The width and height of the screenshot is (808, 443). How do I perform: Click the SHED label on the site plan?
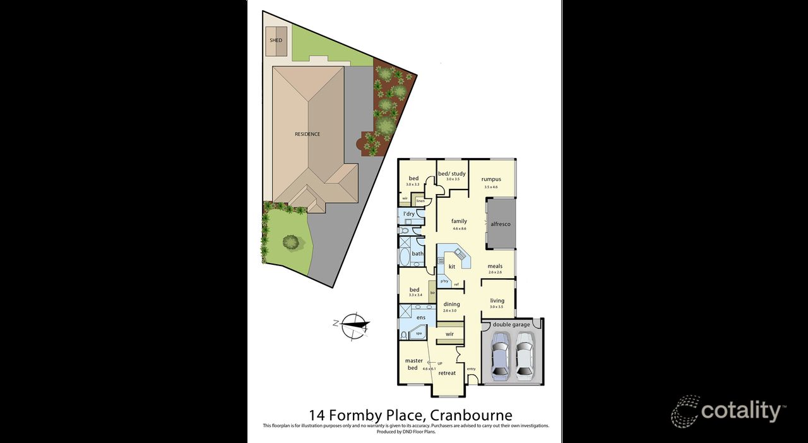(x=276, y=40)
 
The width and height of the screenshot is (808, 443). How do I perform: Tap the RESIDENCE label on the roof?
(x=307, y=134)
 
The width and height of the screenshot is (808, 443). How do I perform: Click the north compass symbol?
(x=354, y=325)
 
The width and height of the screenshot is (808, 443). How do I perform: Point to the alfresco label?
(x=500, y=224)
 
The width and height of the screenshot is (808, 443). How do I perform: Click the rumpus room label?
(x=490, y=179)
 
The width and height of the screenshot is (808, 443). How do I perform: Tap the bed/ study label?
(x=452, y=174)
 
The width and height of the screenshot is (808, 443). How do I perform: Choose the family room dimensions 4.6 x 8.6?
(x=459, y=229)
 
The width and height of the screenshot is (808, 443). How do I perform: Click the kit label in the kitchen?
(x=452, y=267)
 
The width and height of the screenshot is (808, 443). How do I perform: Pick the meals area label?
(x=495, y=266)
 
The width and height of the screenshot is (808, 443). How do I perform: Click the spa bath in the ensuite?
(x=418, y=332)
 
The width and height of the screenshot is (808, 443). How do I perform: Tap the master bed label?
(x=414, y=364)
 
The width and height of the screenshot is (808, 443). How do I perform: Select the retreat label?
(x=447, y=373)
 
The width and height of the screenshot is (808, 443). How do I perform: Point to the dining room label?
(x=451, y=304)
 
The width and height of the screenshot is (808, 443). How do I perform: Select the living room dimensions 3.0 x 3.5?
(x=497, y=307)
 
